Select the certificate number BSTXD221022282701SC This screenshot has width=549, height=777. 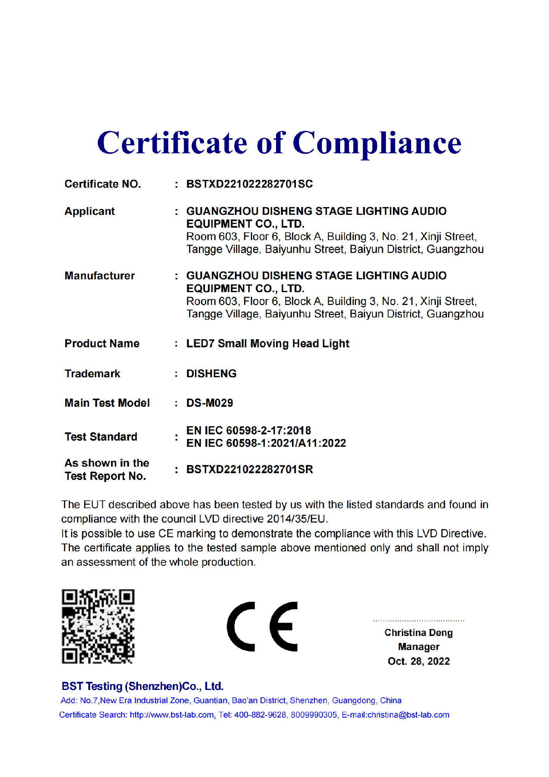click(249, 184)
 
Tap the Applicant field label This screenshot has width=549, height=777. click(90, 211)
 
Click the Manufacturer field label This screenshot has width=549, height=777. click(99, 276)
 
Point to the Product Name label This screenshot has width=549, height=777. click(102, 343)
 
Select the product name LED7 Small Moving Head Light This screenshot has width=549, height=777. click(268, 343)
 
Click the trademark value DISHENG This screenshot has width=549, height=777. click(211, 373)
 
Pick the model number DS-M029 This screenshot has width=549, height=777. click(210, 403)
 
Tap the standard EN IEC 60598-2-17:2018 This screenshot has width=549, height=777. click(248, 430)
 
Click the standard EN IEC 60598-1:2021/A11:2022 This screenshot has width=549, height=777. click(266, 443)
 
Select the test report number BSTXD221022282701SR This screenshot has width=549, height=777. click(249, 469)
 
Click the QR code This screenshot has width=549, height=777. click(98, 626)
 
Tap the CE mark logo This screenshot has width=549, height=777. click(262, 626)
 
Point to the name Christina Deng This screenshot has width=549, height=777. click(419, 633)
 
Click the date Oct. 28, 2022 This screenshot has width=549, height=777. click(419, 661)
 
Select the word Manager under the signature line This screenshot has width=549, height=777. click(419, 647)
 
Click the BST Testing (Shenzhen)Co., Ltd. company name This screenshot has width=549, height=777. click(142, 686)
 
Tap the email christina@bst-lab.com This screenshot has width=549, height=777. click(408, 715)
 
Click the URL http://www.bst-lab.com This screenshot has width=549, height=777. click(172, 715)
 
